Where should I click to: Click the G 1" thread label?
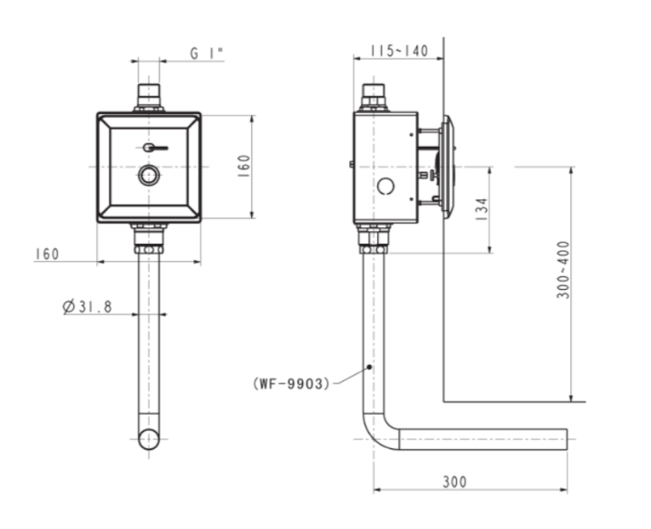coord(207,53)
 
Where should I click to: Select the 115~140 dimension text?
coord(399,51)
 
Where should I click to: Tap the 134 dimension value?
coord(481,209)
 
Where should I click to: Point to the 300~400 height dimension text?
coord(564,270)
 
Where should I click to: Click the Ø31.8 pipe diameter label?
coord(87,306)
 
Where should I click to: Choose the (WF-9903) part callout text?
coord(291,384)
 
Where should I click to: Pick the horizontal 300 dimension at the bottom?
coord(454,482)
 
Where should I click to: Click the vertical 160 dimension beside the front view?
coord(245,167)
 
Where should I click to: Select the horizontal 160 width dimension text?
coord(47,254)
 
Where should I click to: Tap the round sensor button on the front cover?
coord(149,175)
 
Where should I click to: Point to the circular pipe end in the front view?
coord(149,439)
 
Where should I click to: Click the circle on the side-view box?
coord(385,187)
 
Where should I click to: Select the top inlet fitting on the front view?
coord(149,98)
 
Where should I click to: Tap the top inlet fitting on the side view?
coord(374,98)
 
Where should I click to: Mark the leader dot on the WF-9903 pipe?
coord(369,367)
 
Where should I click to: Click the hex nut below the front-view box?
coord(149,249)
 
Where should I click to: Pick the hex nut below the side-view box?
coord(374,249)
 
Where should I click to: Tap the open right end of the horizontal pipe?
coord(567,439)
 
